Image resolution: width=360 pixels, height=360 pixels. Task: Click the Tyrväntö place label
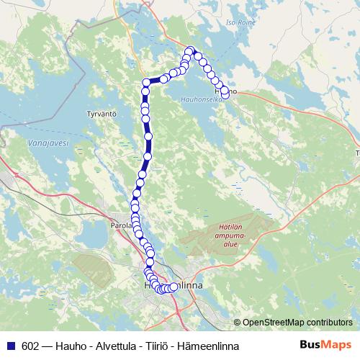[101, 114]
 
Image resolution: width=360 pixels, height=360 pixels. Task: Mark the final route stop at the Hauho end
[225, 93]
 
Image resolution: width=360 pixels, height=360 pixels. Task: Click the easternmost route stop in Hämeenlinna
[174, 287]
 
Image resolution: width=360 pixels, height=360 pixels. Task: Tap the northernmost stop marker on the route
[191, 50]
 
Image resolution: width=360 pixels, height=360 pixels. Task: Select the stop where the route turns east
[146, 82]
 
